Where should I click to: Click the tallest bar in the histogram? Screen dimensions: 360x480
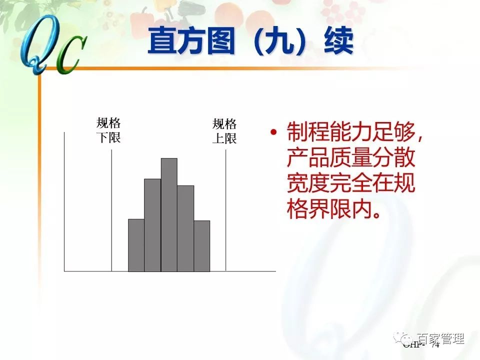point(169,215)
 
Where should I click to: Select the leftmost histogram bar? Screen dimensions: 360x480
point(136,245)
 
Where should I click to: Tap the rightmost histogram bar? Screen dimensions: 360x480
point(202,245)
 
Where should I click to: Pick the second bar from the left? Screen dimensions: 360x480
point(152,225)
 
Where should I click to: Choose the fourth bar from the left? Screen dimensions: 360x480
point(185,228)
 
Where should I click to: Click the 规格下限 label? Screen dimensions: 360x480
point(108,130)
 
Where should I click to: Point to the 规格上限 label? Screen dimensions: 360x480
point(224,131)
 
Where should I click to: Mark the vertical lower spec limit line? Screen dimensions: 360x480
point(111,210)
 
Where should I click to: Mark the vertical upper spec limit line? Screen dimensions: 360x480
point(226,210)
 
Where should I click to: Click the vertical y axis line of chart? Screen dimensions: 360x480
point(64,200)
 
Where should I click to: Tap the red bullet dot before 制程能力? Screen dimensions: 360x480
point(273,133)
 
